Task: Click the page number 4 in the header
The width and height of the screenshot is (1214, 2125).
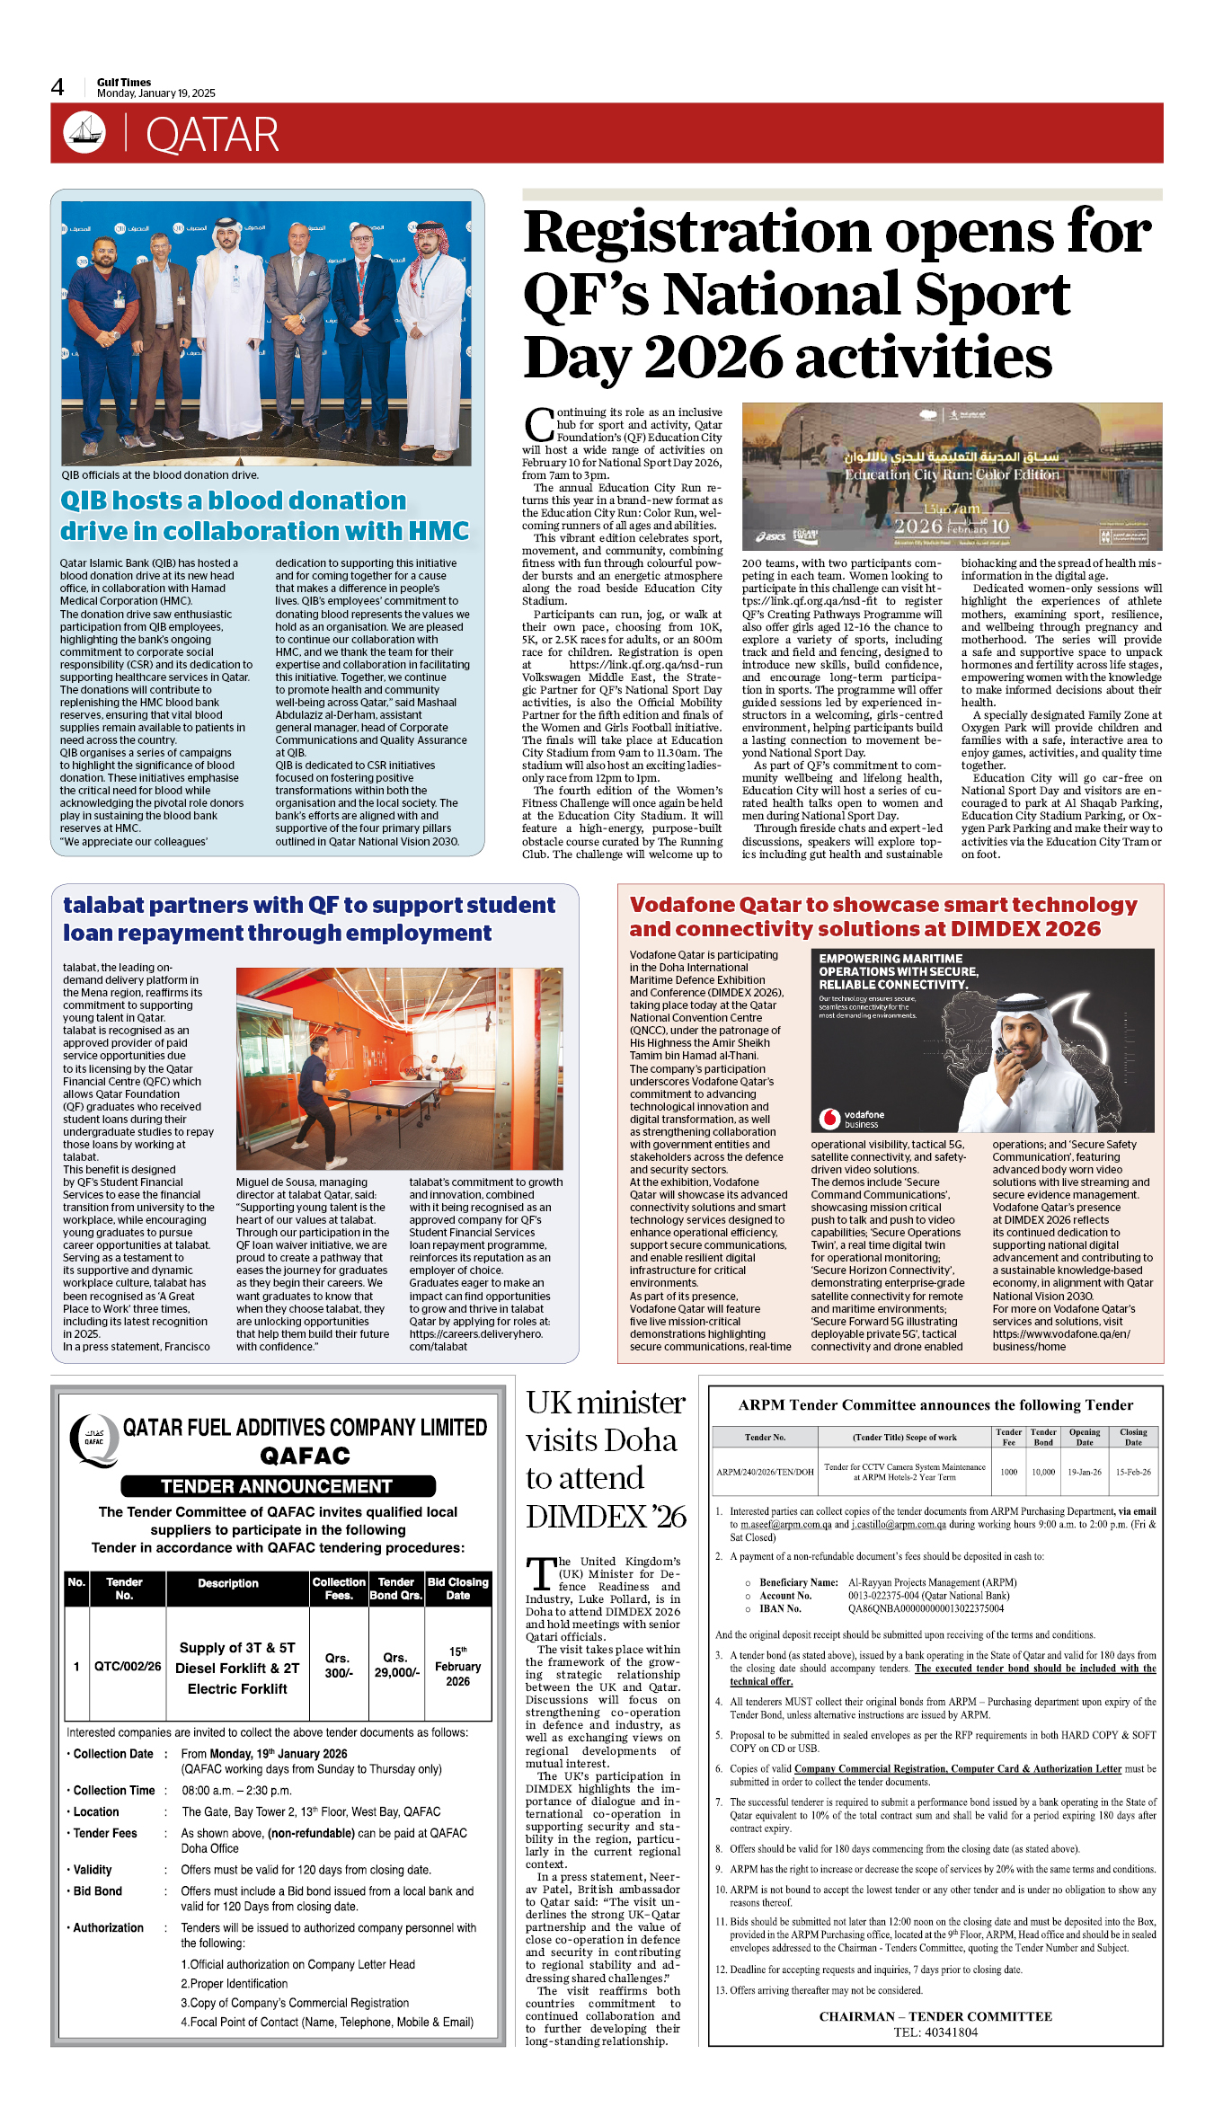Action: (58, 87)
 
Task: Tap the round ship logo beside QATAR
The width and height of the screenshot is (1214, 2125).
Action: (84, 133)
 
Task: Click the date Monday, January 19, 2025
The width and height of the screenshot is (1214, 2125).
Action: (156, 93)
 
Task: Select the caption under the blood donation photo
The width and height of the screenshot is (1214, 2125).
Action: (160, 475)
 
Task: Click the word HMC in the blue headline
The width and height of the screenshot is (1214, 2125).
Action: (439, 531)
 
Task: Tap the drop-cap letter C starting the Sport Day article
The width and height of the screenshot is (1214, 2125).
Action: (538, 424)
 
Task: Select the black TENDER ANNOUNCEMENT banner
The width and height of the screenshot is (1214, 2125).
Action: (278, 1486)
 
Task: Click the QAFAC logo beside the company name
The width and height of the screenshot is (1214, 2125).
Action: (93, 1440)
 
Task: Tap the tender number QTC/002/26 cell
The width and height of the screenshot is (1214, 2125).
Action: (128, 1666)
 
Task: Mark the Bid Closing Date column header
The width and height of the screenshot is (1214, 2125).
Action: (457, 1589)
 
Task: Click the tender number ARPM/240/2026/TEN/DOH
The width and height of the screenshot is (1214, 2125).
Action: (765, 1472)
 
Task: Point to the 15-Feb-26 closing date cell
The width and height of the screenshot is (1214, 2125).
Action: (1133, 1472)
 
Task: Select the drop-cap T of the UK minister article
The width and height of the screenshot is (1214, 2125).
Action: (540, 1574)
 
